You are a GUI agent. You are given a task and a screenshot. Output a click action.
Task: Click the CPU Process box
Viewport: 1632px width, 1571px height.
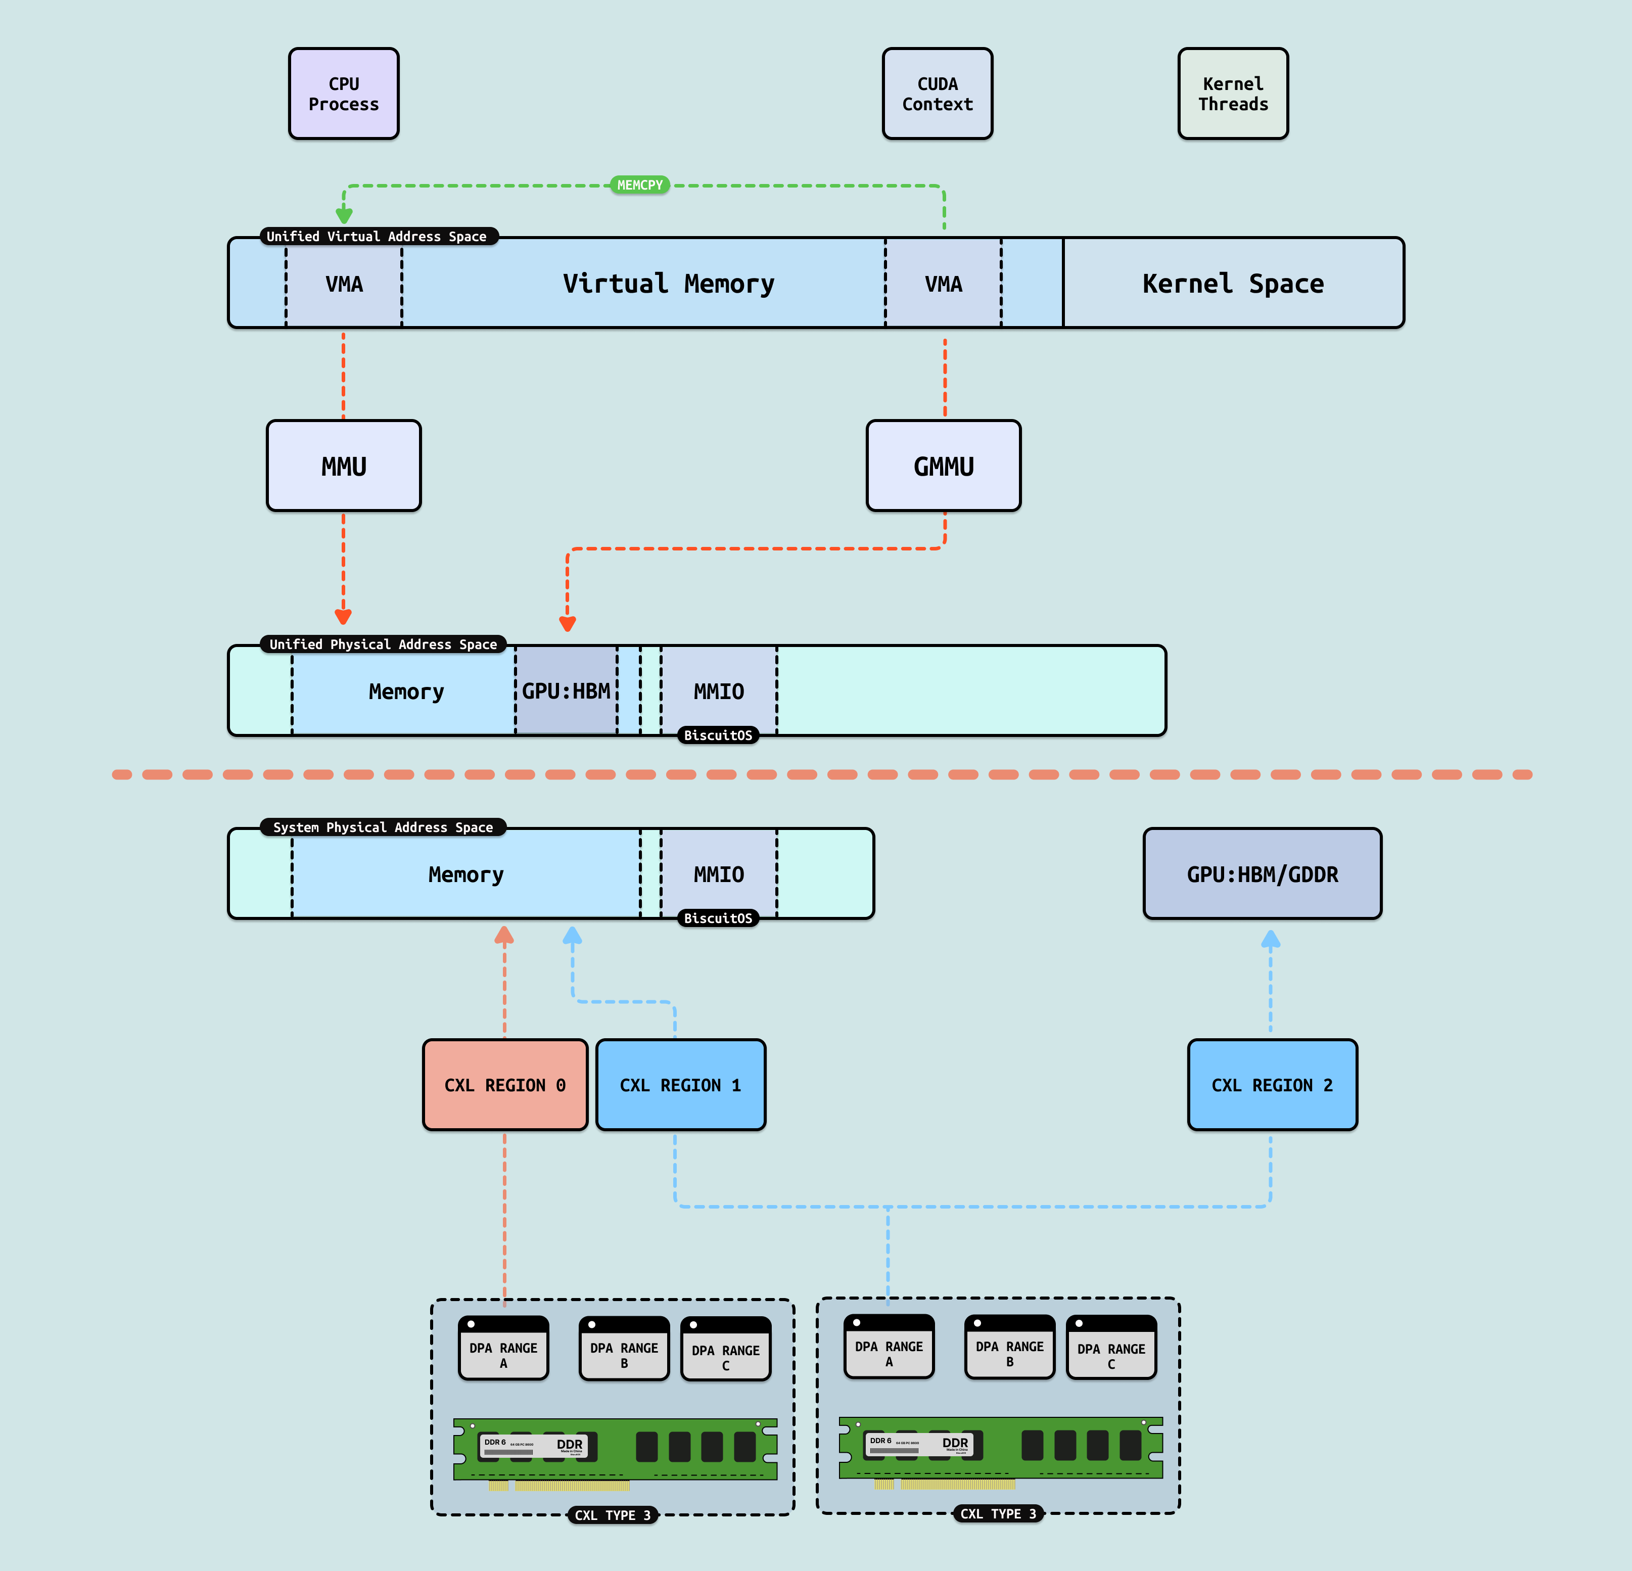pyautogui.click(x=343, y=93)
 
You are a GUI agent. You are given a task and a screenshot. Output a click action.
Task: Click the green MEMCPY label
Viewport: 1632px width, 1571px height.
pyautogui.click(x=639, y=185)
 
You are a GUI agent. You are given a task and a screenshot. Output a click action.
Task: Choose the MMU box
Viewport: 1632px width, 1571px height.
pyautogui.click(x=343, y=466)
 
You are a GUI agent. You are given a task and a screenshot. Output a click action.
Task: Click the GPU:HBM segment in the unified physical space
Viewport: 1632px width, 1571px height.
pyautogui.click(x=566, y=691)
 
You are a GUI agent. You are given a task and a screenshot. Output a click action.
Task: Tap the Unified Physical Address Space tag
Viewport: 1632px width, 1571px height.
pyautogui.click(x=383, y=644)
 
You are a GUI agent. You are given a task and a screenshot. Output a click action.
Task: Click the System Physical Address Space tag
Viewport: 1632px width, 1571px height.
pyautogui.click(x=383, y=827)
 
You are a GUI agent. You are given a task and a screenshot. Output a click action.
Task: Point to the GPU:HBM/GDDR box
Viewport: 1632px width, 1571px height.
pyautogui.click(x=1263, y=874)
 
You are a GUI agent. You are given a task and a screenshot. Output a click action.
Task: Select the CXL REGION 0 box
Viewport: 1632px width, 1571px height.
pyautogui.click(x=504, y=1085)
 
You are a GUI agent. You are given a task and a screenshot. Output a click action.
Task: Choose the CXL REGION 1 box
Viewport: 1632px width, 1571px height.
pyautogui.click(x=680, y=1085)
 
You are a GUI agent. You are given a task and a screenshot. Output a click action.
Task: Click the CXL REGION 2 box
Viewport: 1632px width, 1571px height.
pyautogui.click(x=1272, y=1085)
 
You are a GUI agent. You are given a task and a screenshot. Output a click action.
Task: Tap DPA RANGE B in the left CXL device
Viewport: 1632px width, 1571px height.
pyautogui.click(x=624, y=1349)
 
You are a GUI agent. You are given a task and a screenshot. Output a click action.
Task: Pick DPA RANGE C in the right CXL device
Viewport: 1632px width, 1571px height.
pyautogui.click(x=1111, y=1348)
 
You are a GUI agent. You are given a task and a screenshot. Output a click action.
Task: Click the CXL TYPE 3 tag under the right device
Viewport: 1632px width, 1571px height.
pyautogui.click(x=998, y=1513)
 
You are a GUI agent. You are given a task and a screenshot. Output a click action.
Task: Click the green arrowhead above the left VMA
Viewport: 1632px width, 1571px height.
pyautogui.click(x=344, y=216)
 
